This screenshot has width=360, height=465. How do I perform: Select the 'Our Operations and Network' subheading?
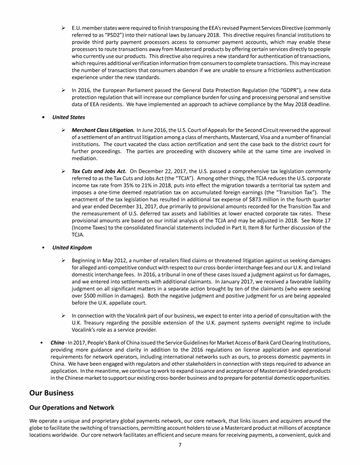[72, 407]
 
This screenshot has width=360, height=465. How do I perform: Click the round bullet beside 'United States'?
[44, 118]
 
